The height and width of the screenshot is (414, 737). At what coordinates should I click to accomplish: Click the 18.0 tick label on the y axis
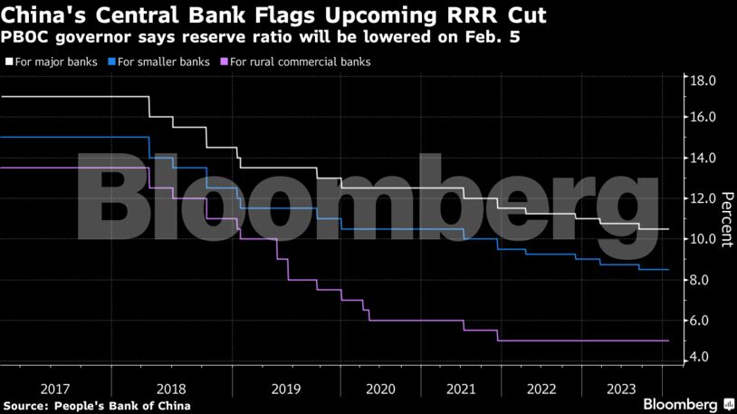click(x=704, y=81)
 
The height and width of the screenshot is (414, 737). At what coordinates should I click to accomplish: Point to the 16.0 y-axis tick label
click(x=704, y=117)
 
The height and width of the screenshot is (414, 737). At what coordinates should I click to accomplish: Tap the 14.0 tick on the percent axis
click(x=704, y=158)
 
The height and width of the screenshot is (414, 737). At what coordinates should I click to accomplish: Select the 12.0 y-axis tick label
click(x=704, y=198)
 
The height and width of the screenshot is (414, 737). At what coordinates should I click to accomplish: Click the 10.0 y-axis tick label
click(x=704, y=239)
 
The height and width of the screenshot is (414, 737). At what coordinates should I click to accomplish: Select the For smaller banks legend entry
click(x=158, y=62)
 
